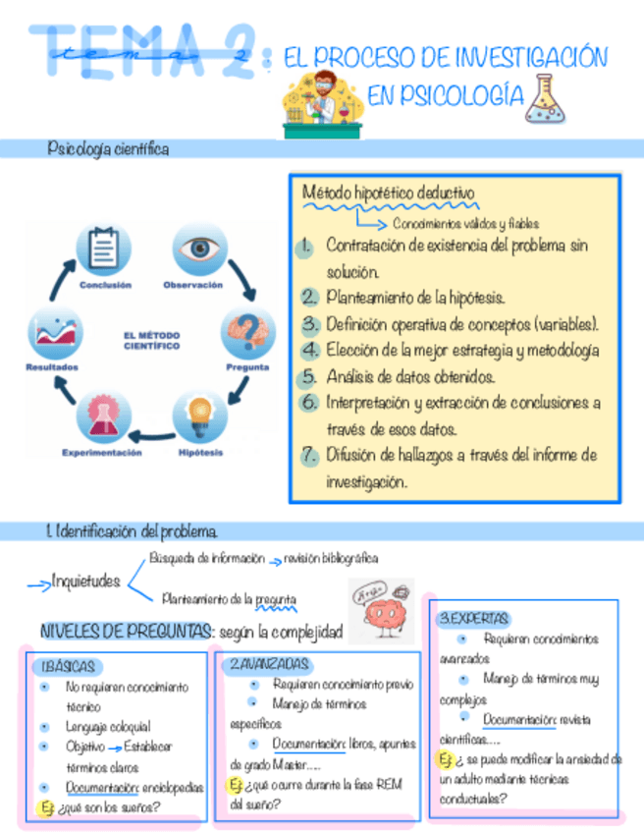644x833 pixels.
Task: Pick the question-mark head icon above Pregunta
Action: pos(248,331)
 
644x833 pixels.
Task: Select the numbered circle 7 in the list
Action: pos(309,456)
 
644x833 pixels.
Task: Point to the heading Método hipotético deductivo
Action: pos(388,193)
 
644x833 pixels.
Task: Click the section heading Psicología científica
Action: pos(108,149)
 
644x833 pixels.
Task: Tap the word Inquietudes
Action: pos(86,582)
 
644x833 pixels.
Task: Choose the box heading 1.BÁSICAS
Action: pos(70,667)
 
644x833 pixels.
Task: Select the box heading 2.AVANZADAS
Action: pos(269,664)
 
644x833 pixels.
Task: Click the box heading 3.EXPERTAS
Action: pos(474,619)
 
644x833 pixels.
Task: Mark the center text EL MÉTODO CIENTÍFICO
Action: pos(151,340)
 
